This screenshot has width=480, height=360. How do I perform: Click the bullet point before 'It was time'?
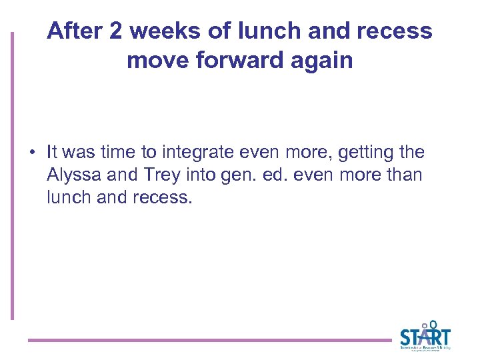click(32, 153)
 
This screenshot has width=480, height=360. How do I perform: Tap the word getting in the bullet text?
click(365, 153)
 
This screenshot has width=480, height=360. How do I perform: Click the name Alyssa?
click(73, 175)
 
